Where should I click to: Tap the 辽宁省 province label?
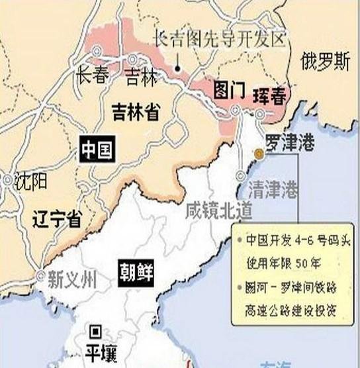point(56,219)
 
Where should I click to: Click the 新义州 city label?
point(73,279)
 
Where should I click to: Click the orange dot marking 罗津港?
point(259,154)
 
